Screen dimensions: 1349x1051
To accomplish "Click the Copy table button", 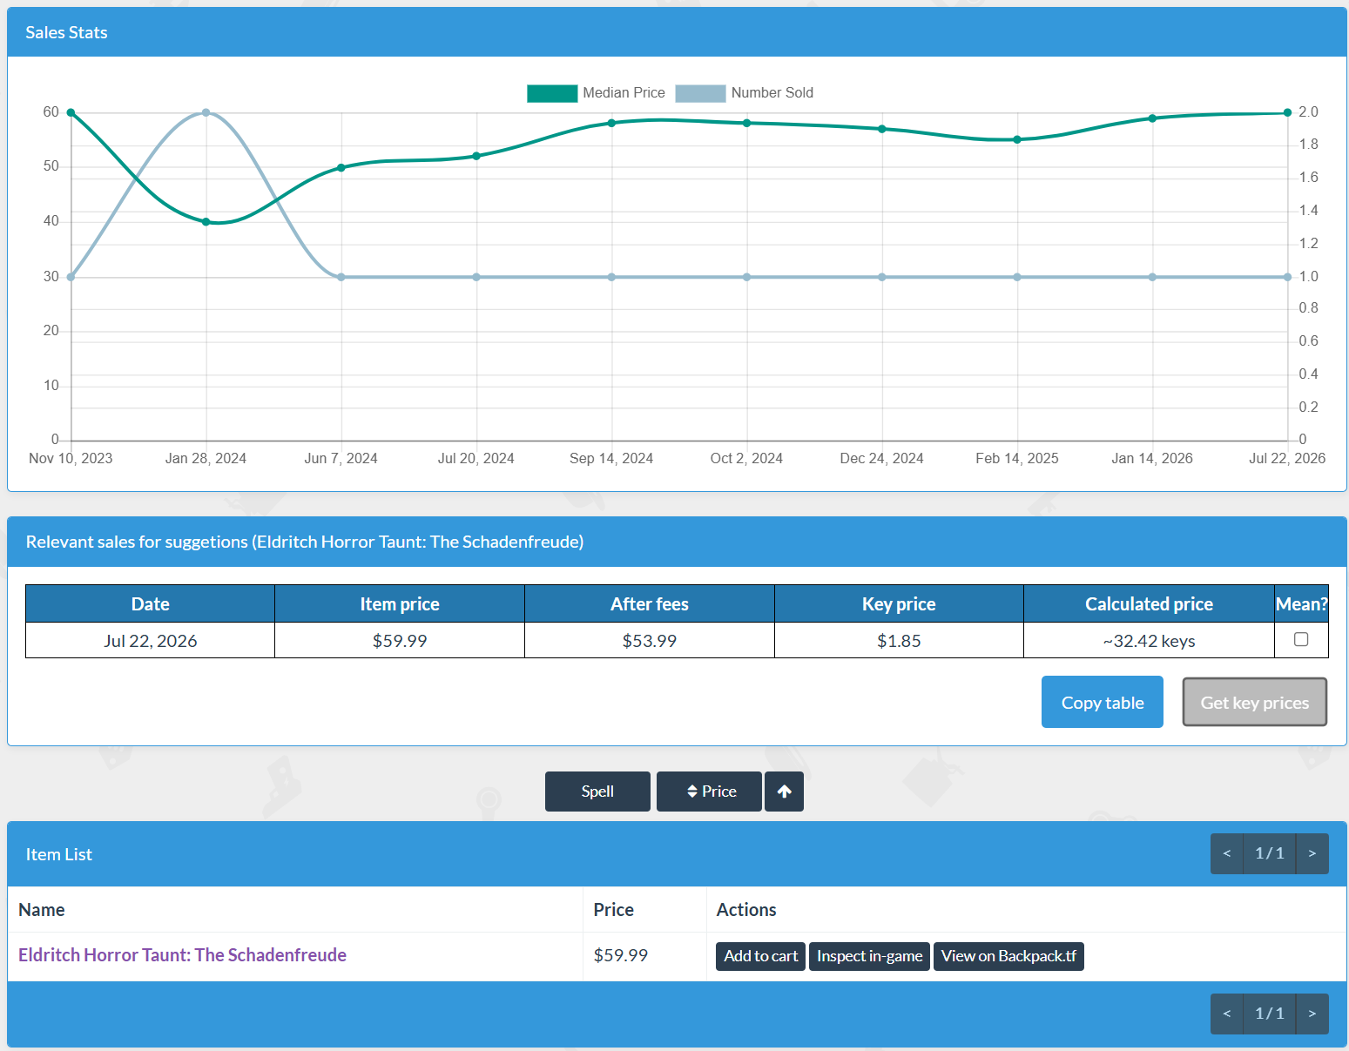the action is click(x=1102, y=702).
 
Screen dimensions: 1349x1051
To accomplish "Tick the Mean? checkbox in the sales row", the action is click(x=1300, y=639).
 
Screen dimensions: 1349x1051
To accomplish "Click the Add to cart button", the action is click(x=760, y=956).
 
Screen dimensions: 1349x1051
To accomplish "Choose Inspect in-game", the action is click(x=869, y=956).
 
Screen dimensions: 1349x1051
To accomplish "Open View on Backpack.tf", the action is click(x=1008, y=956).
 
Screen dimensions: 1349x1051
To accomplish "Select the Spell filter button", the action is click(x=597, y=791).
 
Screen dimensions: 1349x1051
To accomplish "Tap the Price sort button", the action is click(x=709, y=791).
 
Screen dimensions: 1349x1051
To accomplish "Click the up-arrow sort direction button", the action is click(x=784, y=791).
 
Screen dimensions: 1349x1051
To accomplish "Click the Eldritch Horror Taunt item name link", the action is click(x=183, y=955).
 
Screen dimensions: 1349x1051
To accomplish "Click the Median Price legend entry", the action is click(x=596, y=93).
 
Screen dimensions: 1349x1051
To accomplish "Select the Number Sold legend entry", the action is click(x=745, y=93).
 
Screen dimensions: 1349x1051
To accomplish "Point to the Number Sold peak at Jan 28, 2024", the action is click(x=206, y=113).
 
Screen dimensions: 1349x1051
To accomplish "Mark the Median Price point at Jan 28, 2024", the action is click(x=206, y=221).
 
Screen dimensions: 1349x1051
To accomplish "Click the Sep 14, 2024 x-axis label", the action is click(x=610, y=459).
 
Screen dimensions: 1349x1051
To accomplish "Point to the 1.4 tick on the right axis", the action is click(x=1308, y=211).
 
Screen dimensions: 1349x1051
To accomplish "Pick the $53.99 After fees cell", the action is click(x=650, y=640).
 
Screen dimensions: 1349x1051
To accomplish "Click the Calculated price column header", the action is click(x=1149, y=603).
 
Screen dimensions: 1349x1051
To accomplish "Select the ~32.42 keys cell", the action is click(x=1149, y=640).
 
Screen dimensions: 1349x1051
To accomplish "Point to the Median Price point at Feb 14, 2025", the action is click(x=1017, y=139).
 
